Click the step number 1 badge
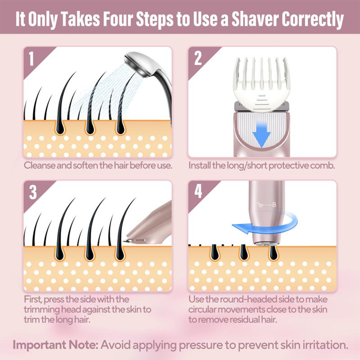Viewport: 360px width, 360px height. [x=32, y=59]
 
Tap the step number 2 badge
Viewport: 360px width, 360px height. [x=198, y=59]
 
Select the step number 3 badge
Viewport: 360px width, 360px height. [x=33, y=193]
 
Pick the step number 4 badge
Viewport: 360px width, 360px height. [x=198, y=193]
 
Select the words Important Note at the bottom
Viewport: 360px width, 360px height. [x=55, y=345]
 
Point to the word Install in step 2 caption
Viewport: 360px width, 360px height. [x=200, y=166]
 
